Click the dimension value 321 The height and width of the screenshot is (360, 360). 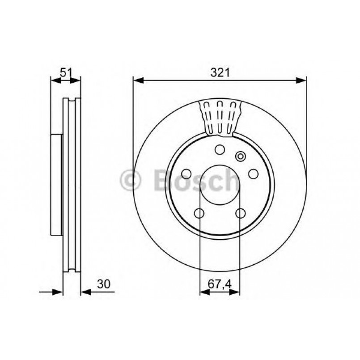tap(220, 72)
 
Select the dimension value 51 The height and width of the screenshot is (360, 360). tap(66, 72)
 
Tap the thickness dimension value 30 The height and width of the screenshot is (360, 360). tap(103, 284)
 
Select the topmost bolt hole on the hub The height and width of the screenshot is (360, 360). tap(220, 149)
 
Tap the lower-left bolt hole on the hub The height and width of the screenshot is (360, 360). tap(199, 213)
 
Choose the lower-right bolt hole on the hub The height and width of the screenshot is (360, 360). tap(241, 213)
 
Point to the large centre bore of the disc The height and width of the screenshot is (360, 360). tap(220, 186)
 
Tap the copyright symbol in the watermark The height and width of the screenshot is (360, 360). tap(131, 181)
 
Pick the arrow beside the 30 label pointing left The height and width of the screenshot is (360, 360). tap(86, 292)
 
